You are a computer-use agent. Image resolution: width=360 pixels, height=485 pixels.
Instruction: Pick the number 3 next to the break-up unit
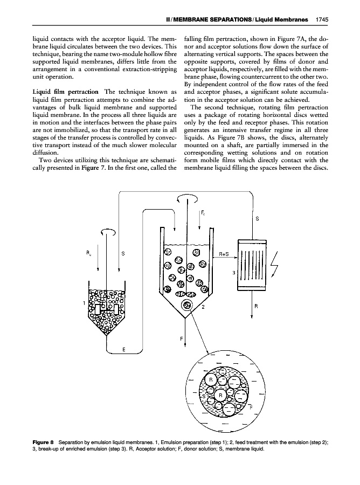tap(233, 273)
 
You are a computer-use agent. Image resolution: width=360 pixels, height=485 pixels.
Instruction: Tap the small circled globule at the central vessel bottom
tap(188, 306)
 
